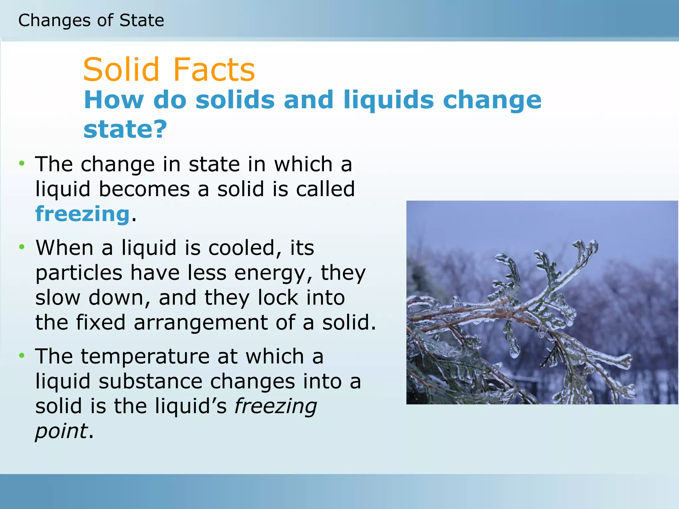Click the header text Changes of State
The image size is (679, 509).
pyautogui.click(x=91, y=21)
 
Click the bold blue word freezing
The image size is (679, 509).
pyautogui.click(x=82, y=214)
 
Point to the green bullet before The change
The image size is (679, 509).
pyautogui.click(x=22, y=163)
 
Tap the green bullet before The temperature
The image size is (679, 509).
pyautogui.click(x=22, y=356)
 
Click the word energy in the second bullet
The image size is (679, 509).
pyautogui.click(x=273, y=273)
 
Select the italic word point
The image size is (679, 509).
pyautogui.click(x=61, y=431)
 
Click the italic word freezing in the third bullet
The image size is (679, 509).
pyautogui.click(x=276, y=407)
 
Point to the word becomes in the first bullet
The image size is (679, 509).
pyautogui.click(x=144, y=189)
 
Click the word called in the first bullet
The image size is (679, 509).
pyautogui.click(x=325, y=189)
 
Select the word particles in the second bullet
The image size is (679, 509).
pyautogui.click(x=79, y=273)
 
